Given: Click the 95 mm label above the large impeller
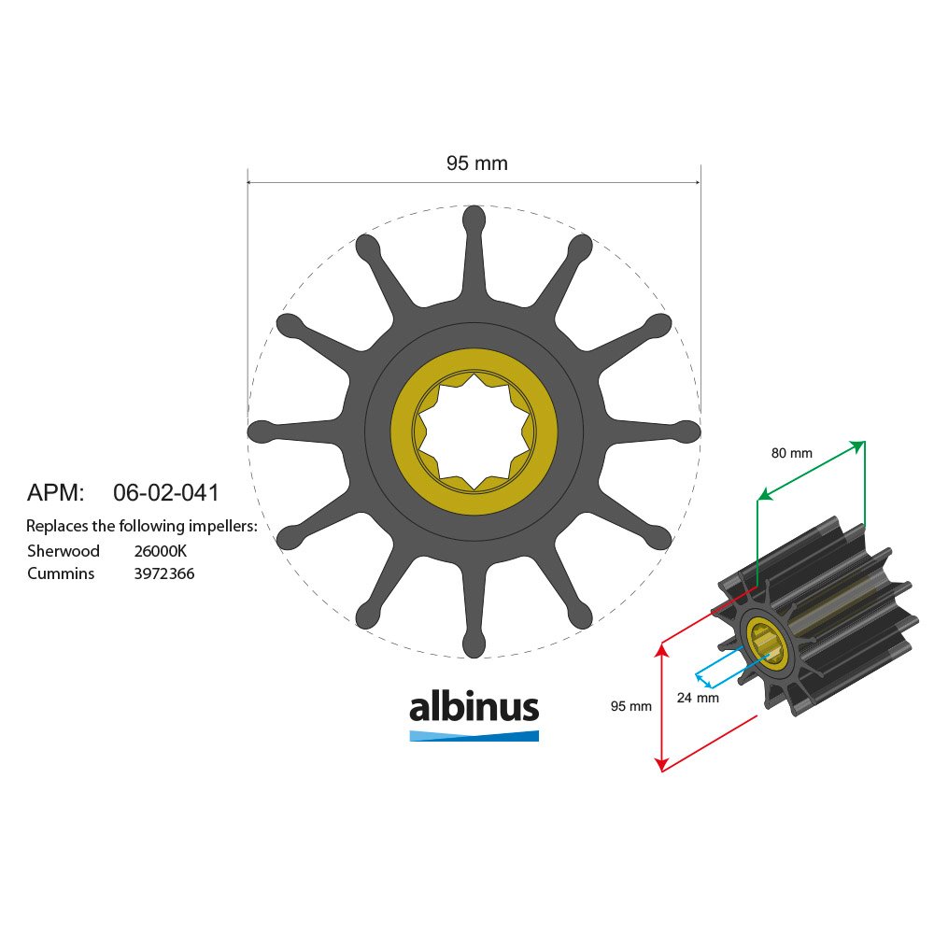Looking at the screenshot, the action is pos(477,163).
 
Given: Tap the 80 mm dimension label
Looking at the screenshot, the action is pos(792,453).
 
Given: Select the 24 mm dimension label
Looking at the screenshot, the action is pos(698,698).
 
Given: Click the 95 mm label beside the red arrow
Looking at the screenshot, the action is pos(630,706).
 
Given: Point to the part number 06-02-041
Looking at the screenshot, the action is pos(165,492).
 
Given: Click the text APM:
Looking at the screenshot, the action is pos(55,492).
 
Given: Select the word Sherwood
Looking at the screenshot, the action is pos(64,550).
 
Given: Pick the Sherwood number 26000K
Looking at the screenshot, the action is pos(161,551).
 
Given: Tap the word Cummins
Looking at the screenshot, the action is pos(61,573).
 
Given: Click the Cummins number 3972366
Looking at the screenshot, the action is pos(164,573).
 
